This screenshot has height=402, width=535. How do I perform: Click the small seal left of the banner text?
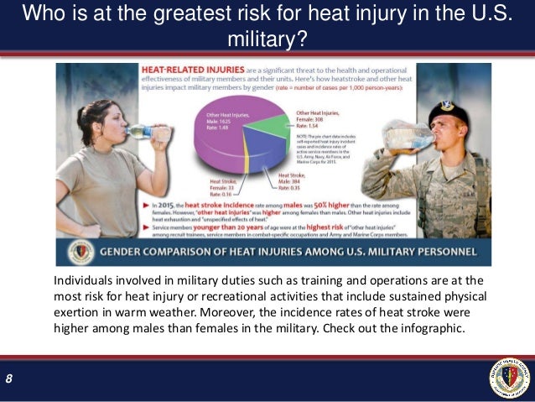[x=83, y=252]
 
